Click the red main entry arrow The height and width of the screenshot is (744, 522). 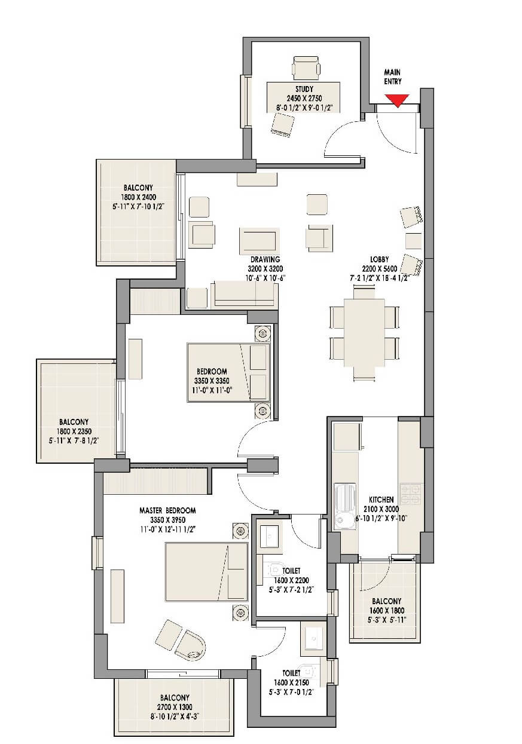(396, 101)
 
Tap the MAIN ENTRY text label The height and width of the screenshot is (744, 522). (393, 77)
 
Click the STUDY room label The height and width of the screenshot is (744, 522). (304, 89)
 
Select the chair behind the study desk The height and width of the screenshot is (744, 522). (306, 68)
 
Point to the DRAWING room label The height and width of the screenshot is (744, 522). (261, 260)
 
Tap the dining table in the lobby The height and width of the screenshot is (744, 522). (364, 332)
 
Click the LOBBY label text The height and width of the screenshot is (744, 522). (379, 260)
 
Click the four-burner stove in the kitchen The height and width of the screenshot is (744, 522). (411, 494)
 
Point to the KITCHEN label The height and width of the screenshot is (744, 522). (381, 499)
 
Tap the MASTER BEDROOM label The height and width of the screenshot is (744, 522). (167, 510)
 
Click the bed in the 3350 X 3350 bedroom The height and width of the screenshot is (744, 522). (228, 372)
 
